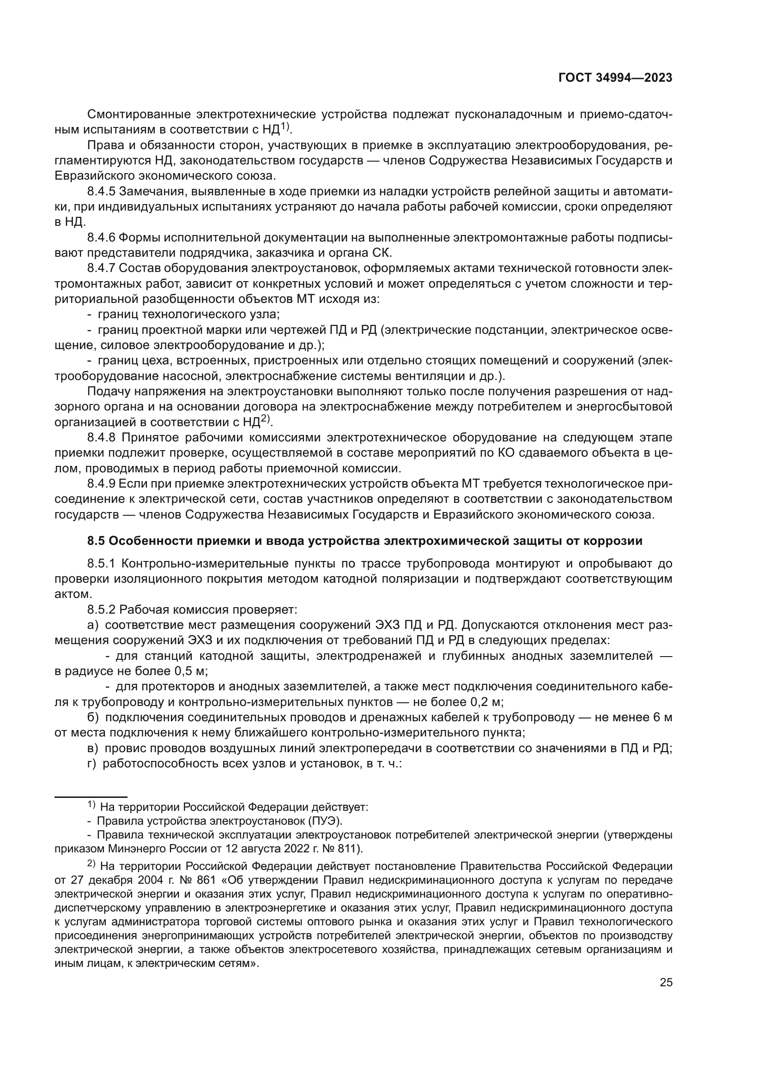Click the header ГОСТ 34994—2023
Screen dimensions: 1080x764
615,78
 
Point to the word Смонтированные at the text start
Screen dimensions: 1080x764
139,115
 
